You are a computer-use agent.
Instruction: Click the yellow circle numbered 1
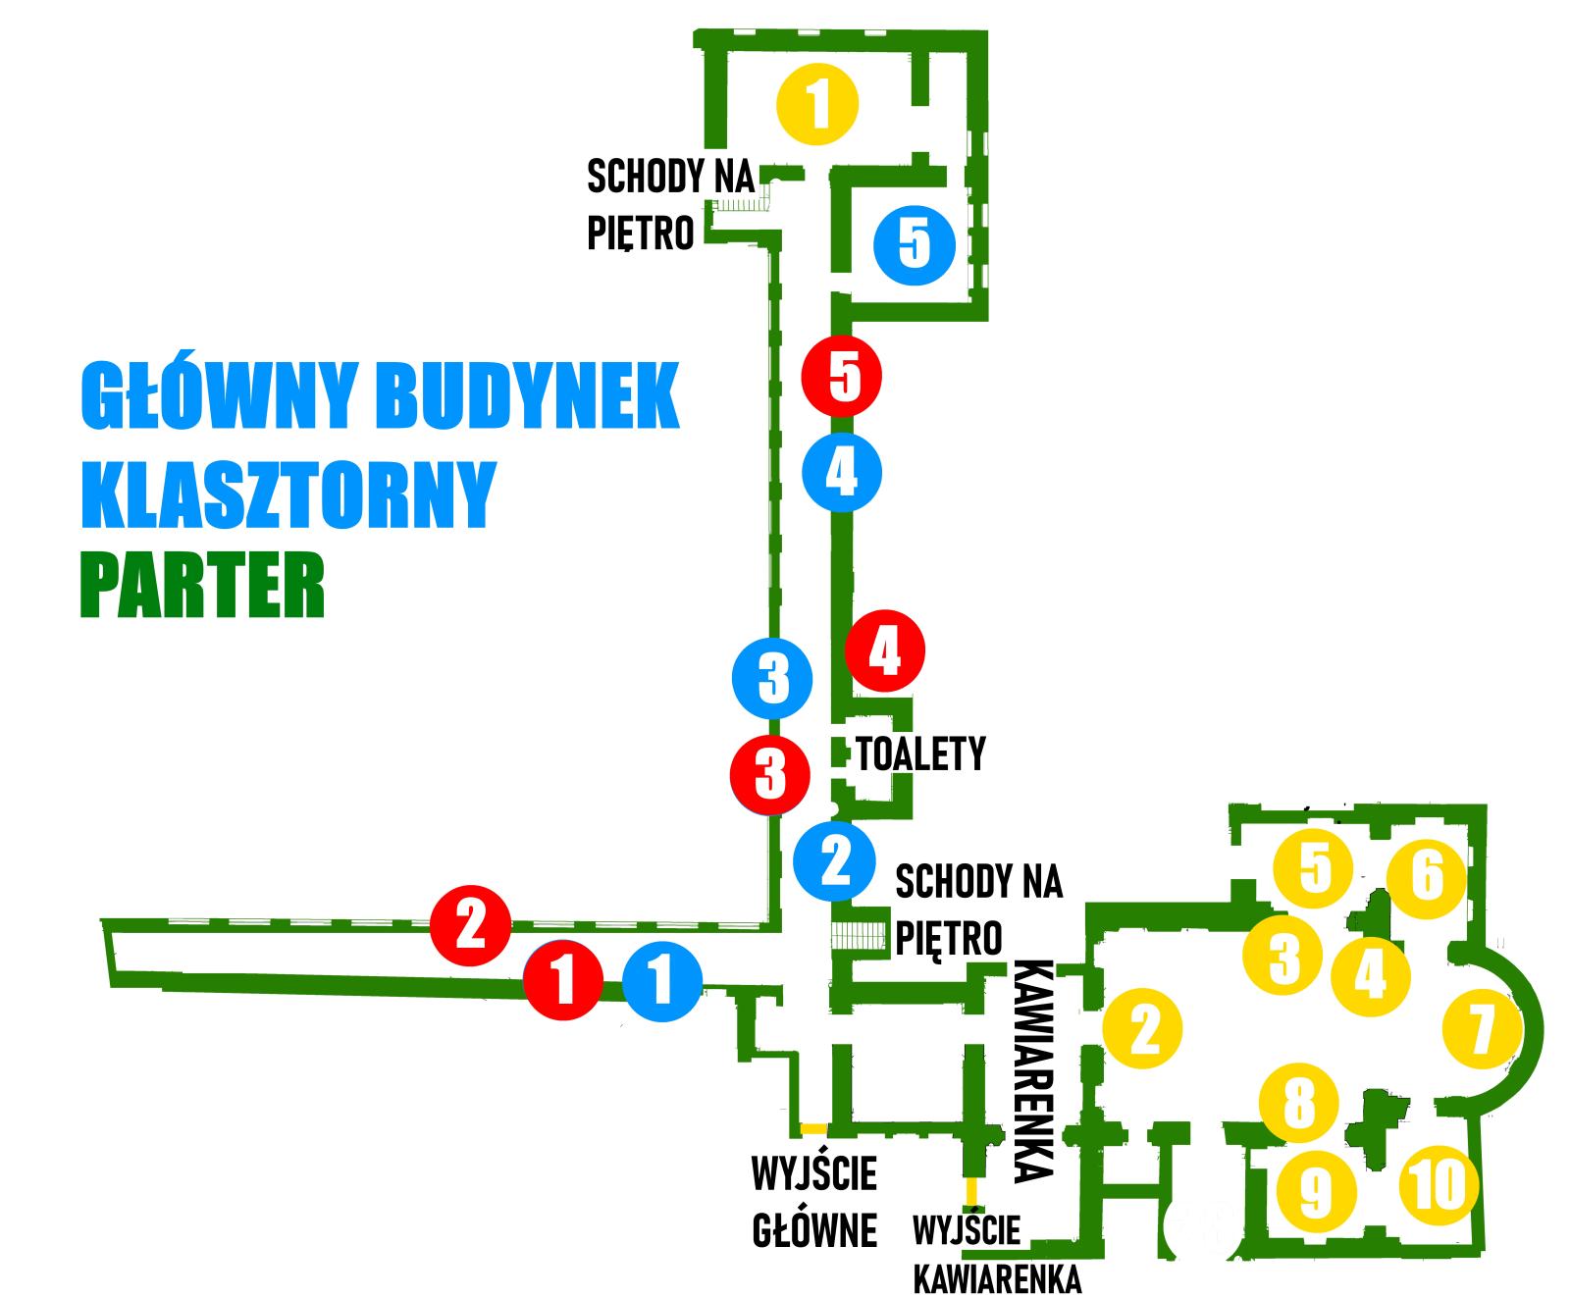[816, 104]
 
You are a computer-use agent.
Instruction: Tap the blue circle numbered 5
[914, 244]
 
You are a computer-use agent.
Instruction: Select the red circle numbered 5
[841, 375]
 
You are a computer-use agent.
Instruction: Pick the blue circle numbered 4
[841, 473]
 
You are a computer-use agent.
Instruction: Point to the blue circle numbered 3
[773, 677]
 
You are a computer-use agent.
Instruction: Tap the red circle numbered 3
[770, 773]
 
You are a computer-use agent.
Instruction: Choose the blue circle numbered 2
[834, 858]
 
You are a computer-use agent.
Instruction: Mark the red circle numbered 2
[471, 923]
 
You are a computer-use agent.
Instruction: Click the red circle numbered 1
[562, 980]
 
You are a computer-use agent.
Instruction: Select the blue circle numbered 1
[662, 980]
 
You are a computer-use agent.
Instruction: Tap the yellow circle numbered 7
[1482, 1028]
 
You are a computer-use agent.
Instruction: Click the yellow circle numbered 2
[1143, 1028]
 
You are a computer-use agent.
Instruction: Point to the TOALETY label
[920, 753]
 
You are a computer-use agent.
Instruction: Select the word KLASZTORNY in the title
[286, 495]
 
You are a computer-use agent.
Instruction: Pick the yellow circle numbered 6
[1427, 875]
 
